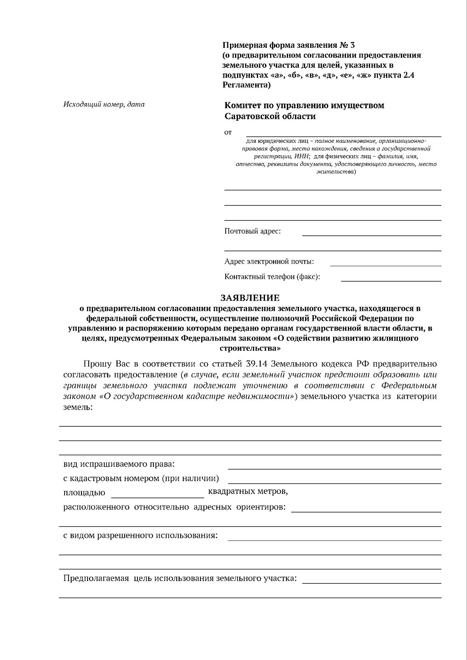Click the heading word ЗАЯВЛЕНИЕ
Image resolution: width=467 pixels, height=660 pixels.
click(x=250, y=298)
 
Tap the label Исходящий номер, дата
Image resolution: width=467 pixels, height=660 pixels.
click(x=104, y=104)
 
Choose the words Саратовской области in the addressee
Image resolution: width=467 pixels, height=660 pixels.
click(x=270, y=116)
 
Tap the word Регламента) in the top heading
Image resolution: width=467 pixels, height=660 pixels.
click(x=246, y=85)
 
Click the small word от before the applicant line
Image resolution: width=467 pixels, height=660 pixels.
click(x=228, y=133)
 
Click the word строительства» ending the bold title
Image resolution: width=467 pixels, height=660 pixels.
click(x=250, y=348)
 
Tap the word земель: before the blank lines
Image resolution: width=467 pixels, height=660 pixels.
click(x=78, y=407)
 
